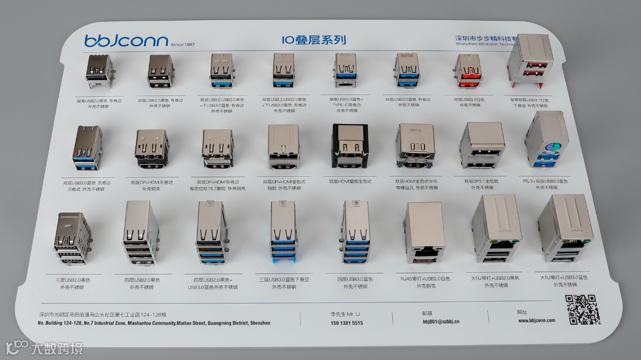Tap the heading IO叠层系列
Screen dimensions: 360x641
(314, 40)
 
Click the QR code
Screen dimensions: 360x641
(582, 309)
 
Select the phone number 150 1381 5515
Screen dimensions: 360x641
(347, 323)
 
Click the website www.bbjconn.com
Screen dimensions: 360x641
(536, 320)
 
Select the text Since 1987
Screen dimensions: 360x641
(182, 45)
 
